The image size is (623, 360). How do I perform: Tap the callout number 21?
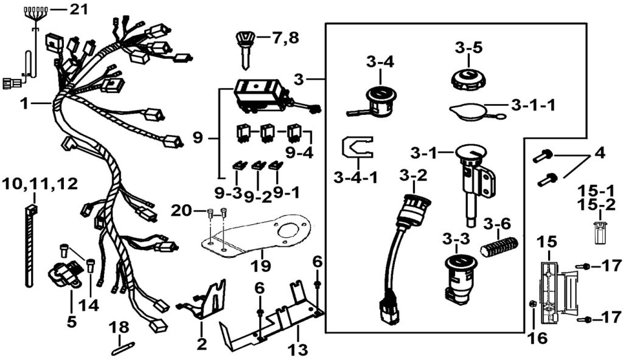[x=78, y=9]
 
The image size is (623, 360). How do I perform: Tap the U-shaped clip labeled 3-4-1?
[x=355, y=150]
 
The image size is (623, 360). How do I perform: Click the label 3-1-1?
[x=534, y=105]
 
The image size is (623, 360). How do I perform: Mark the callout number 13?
[x=299, y=349]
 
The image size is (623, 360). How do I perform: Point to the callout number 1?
[x=24, y=104]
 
